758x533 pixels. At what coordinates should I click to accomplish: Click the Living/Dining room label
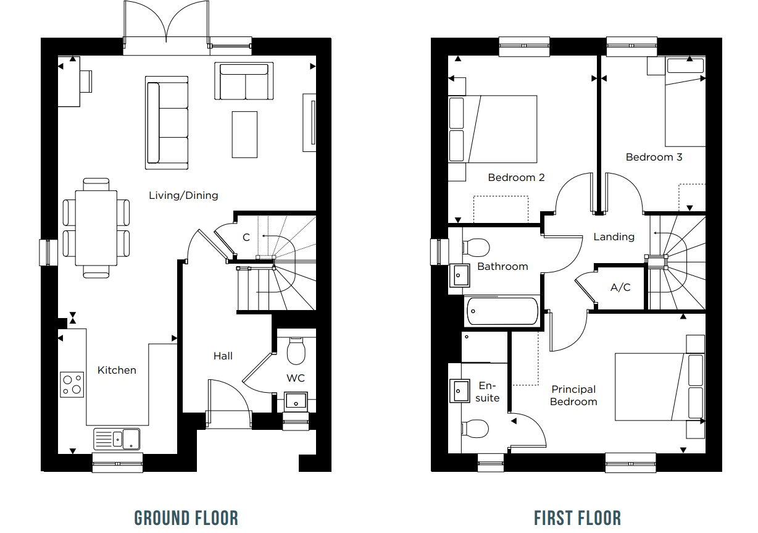pyautogui.click(x=183, y=195)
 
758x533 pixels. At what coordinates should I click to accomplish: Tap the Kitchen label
pyautogui.click(x=117, y=370)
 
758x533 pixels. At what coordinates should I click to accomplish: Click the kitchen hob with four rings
pyautogui.click(x=72, y=384)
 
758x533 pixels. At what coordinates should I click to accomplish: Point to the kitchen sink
pyautogui.click(x=117, y=439)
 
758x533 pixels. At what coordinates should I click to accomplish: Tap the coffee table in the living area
pyautogui.click(x=244, y=134)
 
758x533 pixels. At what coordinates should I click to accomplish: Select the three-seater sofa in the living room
pyautogui.click(x=167, y=122)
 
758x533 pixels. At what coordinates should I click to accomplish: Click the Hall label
pyautogui.click(x=223, y=356)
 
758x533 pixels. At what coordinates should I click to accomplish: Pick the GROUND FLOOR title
pyautogui.click(x=186, y=518)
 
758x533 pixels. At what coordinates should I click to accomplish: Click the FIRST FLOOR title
pyautogui.click(x=577, y=518)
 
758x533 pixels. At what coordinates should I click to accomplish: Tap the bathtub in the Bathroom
pyautogui.click(x=502, y=311)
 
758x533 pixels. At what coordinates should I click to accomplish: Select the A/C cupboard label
pyautogui.click(x=620, y=287)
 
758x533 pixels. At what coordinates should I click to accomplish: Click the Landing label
pyautogui.click(x=614, y=237)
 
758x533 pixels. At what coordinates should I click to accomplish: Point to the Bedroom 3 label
pyautogui.click(x=654, y=157)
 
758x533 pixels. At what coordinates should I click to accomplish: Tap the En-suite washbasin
pyautogui.click(x=459, y=390)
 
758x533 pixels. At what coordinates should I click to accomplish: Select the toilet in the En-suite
pyautogui.click(x=474, y=427)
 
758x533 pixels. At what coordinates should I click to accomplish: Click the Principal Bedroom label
pyautogui.click(x=573, y=395)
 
